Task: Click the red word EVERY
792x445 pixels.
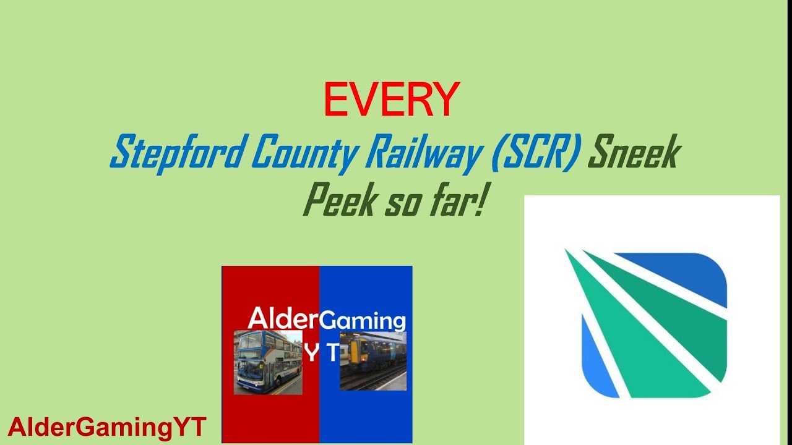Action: (392, 100)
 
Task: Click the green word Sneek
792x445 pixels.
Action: (634, 152)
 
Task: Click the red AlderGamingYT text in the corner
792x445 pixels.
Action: (107, 427)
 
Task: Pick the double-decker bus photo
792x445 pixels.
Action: (268, 362)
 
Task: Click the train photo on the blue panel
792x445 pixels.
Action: (373, 361)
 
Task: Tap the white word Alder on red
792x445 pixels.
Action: (283, 319)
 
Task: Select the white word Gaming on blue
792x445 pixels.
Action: (362, 321)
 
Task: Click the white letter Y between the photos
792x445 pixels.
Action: (312, 353)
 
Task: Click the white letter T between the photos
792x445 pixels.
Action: (333, 353)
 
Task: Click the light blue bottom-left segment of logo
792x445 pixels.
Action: (598, 364)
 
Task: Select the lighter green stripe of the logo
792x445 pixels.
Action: (637, 353)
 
